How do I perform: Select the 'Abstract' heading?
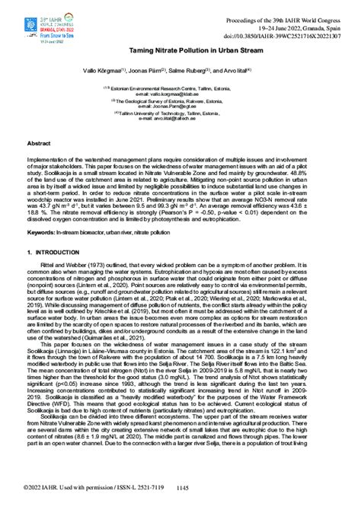point(39,142)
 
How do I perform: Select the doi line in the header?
point(290,36)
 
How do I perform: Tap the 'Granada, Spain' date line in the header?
point(295,25)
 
